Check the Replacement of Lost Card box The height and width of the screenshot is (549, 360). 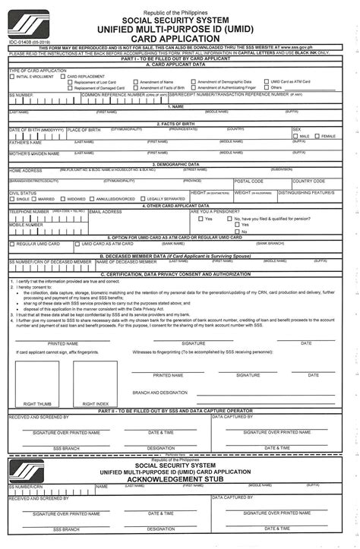(x=69, y=83)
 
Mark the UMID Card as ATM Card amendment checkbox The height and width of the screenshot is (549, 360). (x=266, y=83)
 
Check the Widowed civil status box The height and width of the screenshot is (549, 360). (x=64, y=199)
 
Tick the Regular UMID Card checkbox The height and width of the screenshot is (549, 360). (x=12, y=244)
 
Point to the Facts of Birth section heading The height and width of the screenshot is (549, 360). (x=180, y=124)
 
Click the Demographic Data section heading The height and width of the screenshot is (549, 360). (x=180, y=164)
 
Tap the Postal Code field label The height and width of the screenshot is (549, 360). (x=248, y=181)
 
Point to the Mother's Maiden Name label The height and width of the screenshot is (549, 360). (x=30, y=154)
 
